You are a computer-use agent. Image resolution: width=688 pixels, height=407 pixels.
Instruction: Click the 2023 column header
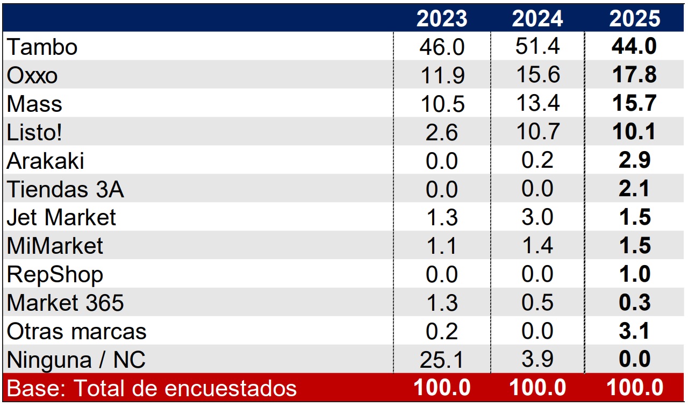(442, 19)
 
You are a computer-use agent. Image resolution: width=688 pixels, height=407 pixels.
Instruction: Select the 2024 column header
(537, 19)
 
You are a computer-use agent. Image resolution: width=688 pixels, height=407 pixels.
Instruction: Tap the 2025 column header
(634, 19)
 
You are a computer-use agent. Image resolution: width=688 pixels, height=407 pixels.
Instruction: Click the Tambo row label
(42, 47)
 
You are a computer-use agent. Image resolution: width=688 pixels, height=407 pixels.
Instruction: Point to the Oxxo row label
(32, 75)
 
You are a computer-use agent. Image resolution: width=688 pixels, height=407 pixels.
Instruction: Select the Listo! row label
(34, 132)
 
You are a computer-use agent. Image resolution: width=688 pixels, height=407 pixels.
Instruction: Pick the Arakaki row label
(45, 161)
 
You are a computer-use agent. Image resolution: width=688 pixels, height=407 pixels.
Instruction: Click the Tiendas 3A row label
(65, 189)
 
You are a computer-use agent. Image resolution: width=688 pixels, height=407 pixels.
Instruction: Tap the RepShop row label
(55, 275)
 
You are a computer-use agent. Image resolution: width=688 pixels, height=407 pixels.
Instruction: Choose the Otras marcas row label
(76, 331)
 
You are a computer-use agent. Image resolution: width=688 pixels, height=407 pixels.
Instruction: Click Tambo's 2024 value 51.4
(537, 47)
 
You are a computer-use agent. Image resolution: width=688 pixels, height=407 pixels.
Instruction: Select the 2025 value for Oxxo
(634, 75)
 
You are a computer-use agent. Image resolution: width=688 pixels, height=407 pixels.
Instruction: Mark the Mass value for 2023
(442, 104)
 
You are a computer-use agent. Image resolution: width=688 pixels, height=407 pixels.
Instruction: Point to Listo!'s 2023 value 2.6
(442, 132)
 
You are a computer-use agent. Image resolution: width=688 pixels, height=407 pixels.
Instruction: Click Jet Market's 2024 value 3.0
(537, 217)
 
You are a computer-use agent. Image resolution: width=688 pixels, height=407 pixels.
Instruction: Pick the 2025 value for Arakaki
(634, 161)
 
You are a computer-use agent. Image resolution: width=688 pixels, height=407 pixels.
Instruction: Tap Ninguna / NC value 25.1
(442, 360)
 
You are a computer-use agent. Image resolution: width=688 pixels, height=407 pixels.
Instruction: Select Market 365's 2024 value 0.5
(537, 303)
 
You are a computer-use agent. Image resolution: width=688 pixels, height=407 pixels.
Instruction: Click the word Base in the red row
(27, 388)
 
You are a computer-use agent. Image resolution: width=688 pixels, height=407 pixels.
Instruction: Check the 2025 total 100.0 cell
(634, 388)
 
